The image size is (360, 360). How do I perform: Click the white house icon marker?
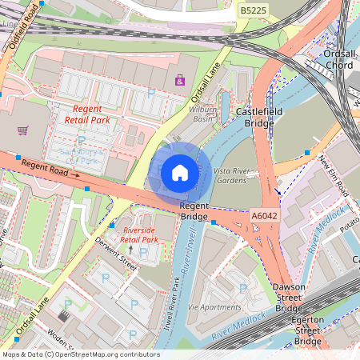(x=180, y=173)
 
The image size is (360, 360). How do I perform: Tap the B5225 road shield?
(x=254, y=10)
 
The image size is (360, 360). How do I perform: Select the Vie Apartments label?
(x=214, y=306)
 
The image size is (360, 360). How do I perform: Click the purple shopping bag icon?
(x=180, y=80)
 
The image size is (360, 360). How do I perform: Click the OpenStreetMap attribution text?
(x=81, y=354)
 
